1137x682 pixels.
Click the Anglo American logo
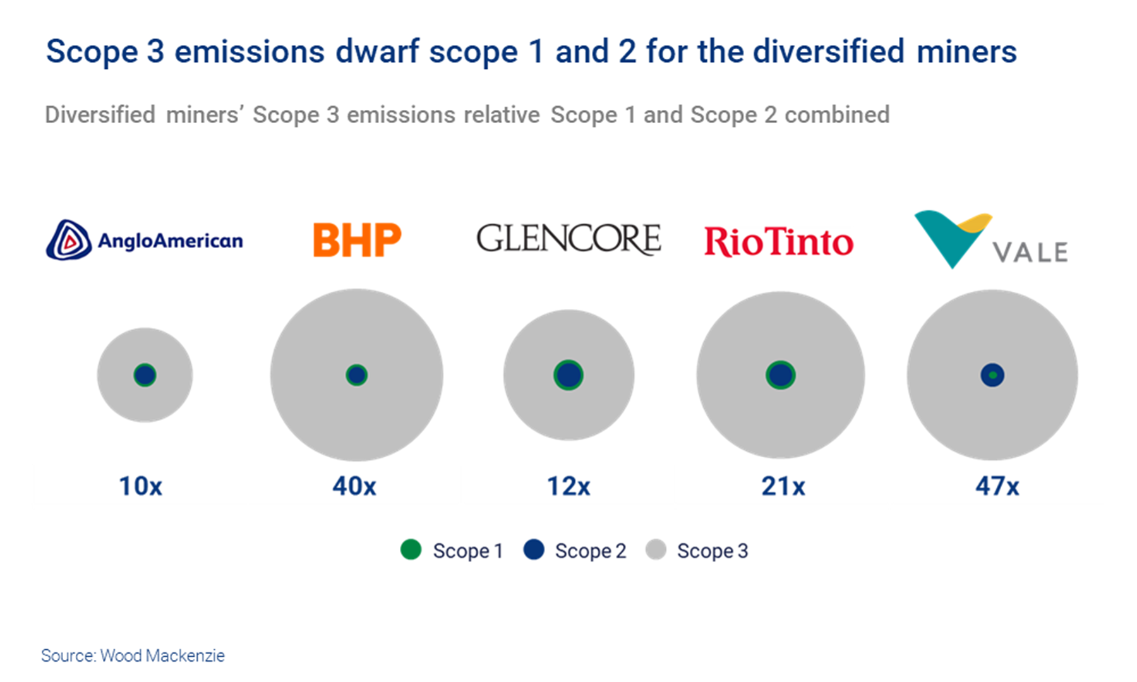[x=145, y=240]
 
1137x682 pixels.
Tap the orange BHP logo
[x=357, y=240]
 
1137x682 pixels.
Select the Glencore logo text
[x=568, y=239]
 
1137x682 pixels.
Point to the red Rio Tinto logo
[x=779, y=242]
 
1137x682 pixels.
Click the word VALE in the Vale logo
[x=1030, y=253]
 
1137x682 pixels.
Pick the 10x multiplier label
[x=140, y=486]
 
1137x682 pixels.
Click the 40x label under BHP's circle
[x=354, y=486]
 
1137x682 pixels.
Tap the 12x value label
[x=568, y=486]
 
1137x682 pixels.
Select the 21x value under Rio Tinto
[x=783, y=486]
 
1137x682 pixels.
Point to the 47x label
[x=997, y=486]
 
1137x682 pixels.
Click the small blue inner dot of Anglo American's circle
[x=145, y=375]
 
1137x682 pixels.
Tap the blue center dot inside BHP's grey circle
[x=356, y=375]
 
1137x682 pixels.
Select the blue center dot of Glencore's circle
[x=568, y=375]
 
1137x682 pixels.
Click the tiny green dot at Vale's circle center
[x=992, y=375]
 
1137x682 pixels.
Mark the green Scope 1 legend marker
[x=411, y=550]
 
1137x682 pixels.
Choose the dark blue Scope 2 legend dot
[x=534, y=550]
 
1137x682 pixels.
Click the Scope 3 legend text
[x=712, y=551]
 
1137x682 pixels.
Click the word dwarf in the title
[x=376, y=52]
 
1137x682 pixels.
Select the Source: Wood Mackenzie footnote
[x=133, y=655]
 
